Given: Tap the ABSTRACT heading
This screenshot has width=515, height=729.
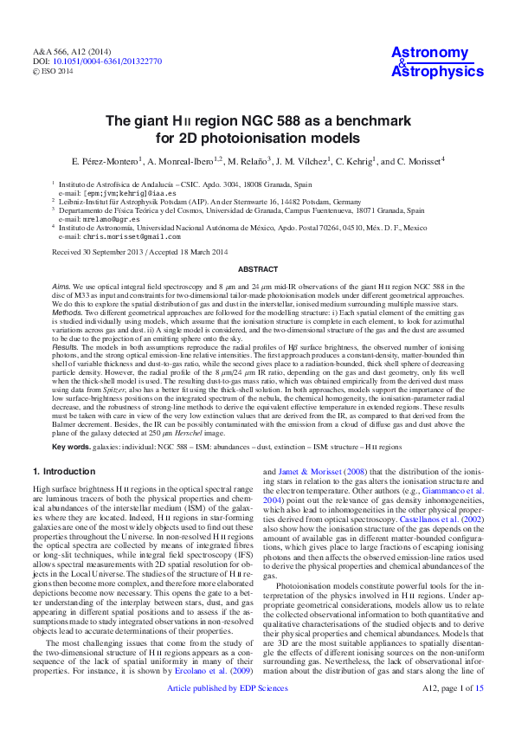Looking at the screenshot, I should click(x=257, y=269).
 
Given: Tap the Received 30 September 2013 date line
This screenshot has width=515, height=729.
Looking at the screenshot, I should click(x=139, y=252).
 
